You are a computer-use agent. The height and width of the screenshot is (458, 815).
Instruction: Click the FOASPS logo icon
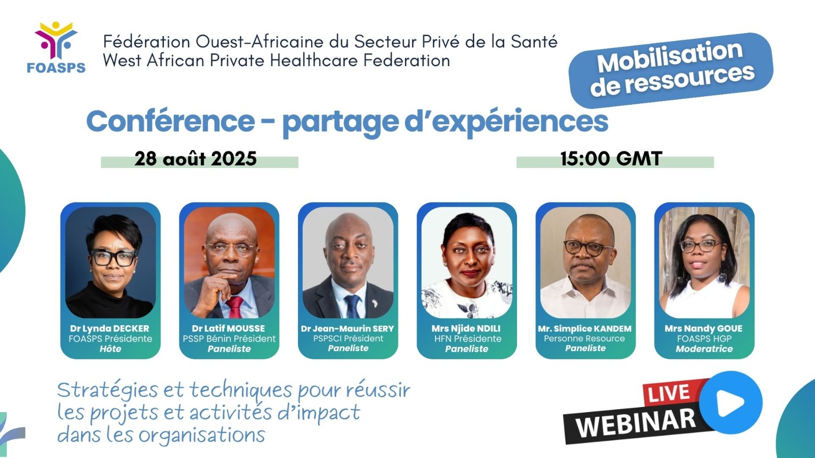(56, 40)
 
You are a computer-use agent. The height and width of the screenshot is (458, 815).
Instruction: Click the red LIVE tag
(669, 393)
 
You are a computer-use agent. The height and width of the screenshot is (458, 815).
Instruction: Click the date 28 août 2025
(196, 159)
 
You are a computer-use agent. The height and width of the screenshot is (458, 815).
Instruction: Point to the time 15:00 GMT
(611, 159)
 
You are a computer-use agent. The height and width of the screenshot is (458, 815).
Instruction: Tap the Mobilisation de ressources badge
(671, 69)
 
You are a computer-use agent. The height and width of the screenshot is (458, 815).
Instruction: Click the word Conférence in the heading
(171, 122)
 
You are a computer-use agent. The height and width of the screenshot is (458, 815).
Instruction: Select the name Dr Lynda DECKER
(110, 329)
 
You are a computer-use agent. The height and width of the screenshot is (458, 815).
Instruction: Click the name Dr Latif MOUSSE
(229, 329)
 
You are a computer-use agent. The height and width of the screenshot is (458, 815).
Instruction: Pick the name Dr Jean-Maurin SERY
(347, 329)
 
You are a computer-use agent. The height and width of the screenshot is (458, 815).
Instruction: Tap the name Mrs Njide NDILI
(466, 329)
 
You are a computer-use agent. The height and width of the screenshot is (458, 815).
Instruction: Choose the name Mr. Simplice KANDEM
(585, 329)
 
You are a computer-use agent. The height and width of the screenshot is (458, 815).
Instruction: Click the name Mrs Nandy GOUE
(703, 329)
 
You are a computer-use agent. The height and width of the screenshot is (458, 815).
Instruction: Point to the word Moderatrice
(704, 349)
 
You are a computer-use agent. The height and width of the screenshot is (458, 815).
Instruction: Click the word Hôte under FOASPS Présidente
(110, 349)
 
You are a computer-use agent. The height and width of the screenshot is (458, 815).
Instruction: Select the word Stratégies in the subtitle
(107, 391)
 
